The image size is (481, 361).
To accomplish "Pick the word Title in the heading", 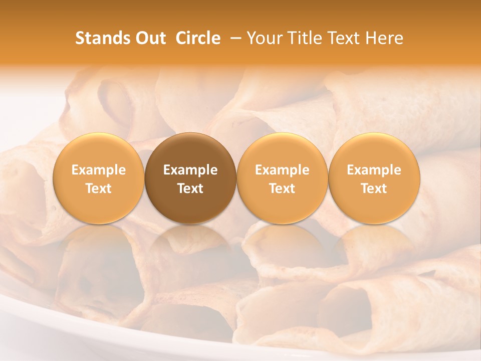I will point(303,38).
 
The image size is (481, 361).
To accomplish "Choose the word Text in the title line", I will point(343,38).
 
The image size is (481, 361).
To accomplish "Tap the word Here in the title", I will point(384,38).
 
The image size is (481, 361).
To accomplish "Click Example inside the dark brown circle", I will point(190,170).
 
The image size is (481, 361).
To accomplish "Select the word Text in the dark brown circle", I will point(190,189).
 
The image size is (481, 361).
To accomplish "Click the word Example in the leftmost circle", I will point(99,170).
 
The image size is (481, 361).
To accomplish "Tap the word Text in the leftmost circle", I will point(99,189).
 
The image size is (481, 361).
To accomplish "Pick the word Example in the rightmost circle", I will point(374,170).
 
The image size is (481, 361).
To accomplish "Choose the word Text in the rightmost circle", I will point(374,189).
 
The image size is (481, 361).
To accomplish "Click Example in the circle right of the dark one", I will point(282,170).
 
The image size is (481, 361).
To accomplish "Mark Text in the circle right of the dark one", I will point(282,189).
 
